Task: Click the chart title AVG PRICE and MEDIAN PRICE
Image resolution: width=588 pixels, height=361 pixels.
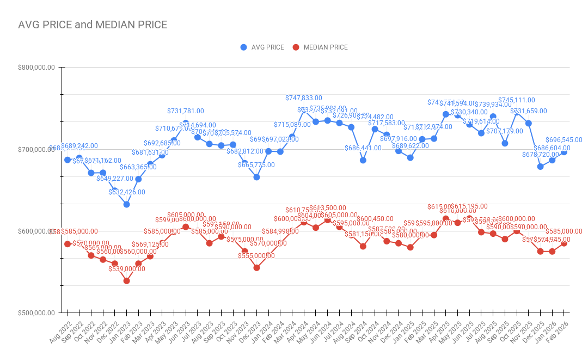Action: point(93,25)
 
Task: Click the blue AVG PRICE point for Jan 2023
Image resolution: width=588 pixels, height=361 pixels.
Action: point(126,204)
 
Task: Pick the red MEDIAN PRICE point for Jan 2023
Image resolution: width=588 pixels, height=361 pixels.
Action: point(126,281)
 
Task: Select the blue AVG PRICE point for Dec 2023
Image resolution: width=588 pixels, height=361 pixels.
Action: point(256,177)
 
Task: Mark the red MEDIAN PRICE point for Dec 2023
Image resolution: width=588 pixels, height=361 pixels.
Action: point(256,268)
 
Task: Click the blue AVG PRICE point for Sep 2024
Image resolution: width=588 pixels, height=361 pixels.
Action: point(363,160)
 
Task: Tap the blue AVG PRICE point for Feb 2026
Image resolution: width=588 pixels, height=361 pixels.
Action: point(564,152)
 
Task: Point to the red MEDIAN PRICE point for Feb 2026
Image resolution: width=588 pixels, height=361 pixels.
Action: point(564,243)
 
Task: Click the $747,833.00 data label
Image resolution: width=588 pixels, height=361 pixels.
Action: point(304,98)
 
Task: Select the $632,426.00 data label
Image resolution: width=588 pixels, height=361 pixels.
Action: point(127,192)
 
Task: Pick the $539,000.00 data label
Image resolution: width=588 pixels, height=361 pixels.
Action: point(127,269)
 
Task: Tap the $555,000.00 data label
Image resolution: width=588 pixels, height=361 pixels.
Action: point(256,256)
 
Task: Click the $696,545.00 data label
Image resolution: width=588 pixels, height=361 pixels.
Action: point(563,140)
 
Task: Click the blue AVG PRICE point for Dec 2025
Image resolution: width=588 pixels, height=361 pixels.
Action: point(541,167)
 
